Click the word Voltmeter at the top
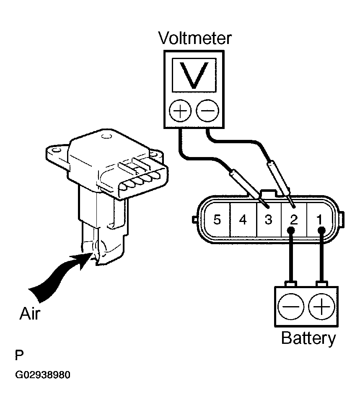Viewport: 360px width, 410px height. (x=195, y=38)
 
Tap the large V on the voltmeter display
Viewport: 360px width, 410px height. (x=194, y=75)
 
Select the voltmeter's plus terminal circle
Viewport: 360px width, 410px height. (x=180, y=111)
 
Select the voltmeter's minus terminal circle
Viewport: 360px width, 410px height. (x=207, y=111)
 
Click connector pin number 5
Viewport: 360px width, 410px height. (x=217, y=219)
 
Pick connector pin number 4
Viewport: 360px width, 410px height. (x=243, y=219)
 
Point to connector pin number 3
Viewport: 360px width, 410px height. (x=269, y=219)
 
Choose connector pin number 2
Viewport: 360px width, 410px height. (x=294, y=219)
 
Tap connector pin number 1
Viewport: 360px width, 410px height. (x=319, y=219)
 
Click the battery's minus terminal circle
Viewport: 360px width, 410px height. (x=291, y=307)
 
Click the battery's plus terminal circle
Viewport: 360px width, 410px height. (x=321, y=307)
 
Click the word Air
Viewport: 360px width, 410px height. (x=30, y=313)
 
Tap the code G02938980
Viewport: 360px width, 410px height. (x=43, y=375)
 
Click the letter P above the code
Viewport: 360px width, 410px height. (x=19, y=355)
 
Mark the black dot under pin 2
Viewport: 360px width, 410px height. (x=291, y=230)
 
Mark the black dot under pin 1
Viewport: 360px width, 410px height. (x=321, y=230)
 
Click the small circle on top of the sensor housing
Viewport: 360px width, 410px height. (x=106, y=136)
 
